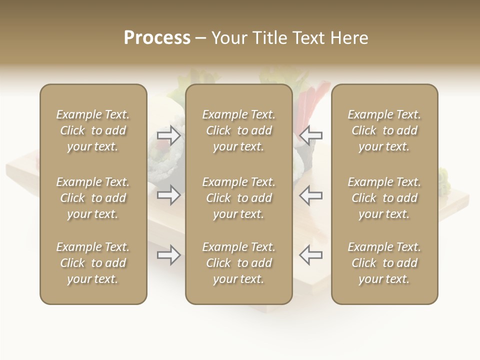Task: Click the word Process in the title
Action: [x=157, y=38]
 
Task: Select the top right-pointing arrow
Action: [x=169, y=135]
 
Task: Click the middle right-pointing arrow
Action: [x=169, y=195]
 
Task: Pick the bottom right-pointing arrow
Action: [x=169, y=255]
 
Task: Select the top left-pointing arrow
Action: [x=310, y=135]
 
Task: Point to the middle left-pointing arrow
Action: [x=310, y=195]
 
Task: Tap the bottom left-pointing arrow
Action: [x=310, y=255]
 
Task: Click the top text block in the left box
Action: [x=93, y=130]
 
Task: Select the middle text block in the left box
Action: [x=93, y=198]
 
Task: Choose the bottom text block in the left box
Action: [x=93, y=263]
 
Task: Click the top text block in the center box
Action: [x=238, y=130]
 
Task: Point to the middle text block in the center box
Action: [x=238, y=198]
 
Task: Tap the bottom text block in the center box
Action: [x=238, y=263]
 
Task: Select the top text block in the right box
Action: [x=384, y=130]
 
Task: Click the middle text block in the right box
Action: [x=384, y=198]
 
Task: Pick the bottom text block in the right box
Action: [x=384, y=263]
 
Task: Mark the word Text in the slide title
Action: [x=307, y=38]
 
